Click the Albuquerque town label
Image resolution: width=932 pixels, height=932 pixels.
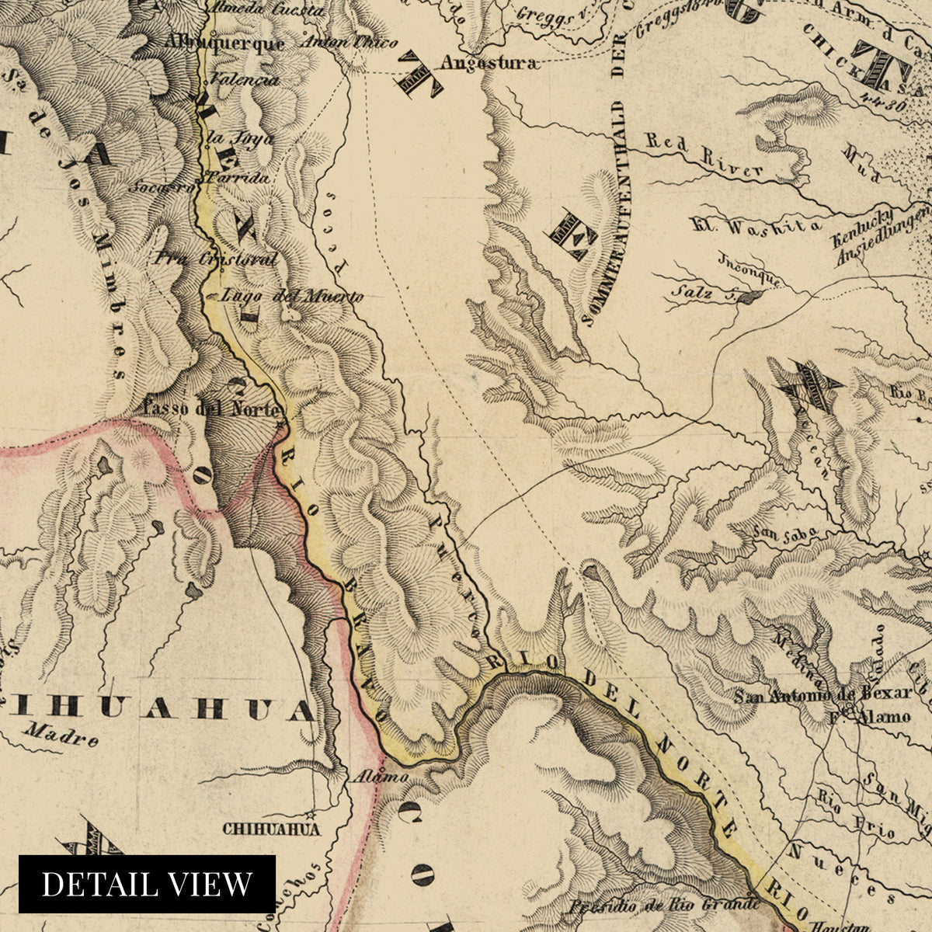(225, 43)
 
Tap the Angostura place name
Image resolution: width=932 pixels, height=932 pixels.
(488, 64)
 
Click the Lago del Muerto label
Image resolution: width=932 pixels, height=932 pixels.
(292, 296)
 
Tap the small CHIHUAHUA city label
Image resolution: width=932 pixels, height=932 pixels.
(271, 829)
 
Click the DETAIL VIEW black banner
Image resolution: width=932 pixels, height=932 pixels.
(147, 884)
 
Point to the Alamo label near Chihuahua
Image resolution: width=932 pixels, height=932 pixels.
(368, 776)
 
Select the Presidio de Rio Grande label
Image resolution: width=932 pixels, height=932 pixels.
(662, 905)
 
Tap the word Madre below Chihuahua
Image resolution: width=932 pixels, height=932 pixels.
(61, 734)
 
